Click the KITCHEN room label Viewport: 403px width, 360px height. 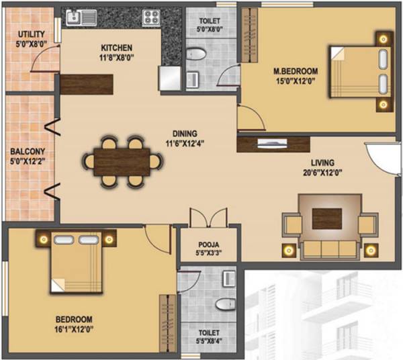point(116,48)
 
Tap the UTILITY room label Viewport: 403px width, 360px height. point(31,34)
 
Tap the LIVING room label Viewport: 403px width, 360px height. point(322,162)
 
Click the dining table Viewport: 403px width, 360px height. point(122,161)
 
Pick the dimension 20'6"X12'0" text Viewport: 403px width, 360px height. point(322,173)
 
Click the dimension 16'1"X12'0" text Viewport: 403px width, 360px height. point(74,330)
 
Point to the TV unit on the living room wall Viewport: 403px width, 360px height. point(273,143)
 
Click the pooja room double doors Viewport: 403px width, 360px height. point(204,218)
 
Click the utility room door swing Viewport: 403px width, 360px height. point(47,62)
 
